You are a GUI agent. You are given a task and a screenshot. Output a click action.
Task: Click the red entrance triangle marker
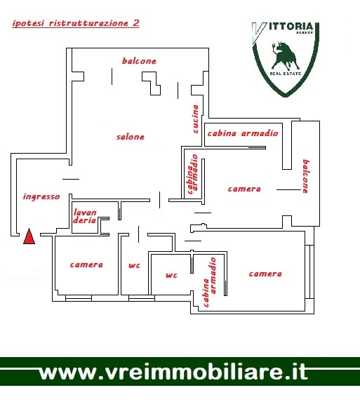(x=29, y=236)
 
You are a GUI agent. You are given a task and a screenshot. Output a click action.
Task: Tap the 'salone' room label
(x=130, y=137)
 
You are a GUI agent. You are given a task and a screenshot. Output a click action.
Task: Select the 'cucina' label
(x=195, y=119)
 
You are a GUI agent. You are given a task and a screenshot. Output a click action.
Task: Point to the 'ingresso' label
(x=41, y=196)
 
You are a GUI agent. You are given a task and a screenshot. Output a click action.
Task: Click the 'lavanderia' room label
(x=85, y=216)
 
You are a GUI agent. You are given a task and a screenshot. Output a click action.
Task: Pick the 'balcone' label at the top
(x=139, y=61)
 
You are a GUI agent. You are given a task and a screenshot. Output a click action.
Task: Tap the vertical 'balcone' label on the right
(x=306, y=177)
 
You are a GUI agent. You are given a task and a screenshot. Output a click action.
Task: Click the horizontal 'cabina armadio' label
(x=243, y=133)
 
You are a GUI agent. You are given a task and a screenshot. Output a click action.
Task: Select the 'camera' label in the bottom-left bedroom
(x=86, y=264)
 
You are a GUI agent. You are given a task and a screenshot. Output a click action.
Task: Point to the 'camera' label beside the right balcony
(x=244, y=189)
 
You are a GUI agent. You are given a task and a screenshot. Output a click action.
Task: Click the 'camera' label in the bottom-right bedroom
(x=265, y=274)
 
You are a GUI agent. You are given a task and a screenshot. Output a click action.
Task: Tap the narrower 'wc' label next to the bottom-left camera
(x=134, y=266)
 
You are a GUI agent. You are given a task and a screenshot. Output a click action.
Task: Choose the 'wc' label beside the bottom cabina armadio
(x=171, y=275)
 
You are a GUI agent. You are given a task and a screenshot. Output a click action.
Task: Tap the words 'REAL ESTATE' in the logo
(x=286, y=74)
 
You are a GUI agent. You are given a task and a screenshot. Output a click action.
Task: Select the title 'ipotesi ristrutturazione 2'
(x=76, y=23)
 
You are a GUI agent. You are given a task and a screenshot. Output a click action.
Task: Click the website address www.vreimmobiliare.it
(x=173, y=373)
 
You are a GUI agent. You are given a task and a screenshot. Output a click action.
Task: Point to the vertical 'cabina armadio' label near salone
(x=193, y=174)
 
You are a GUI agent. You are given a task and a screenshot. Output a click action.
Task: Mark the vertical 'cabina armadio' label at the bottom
(x=210, y=282)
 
